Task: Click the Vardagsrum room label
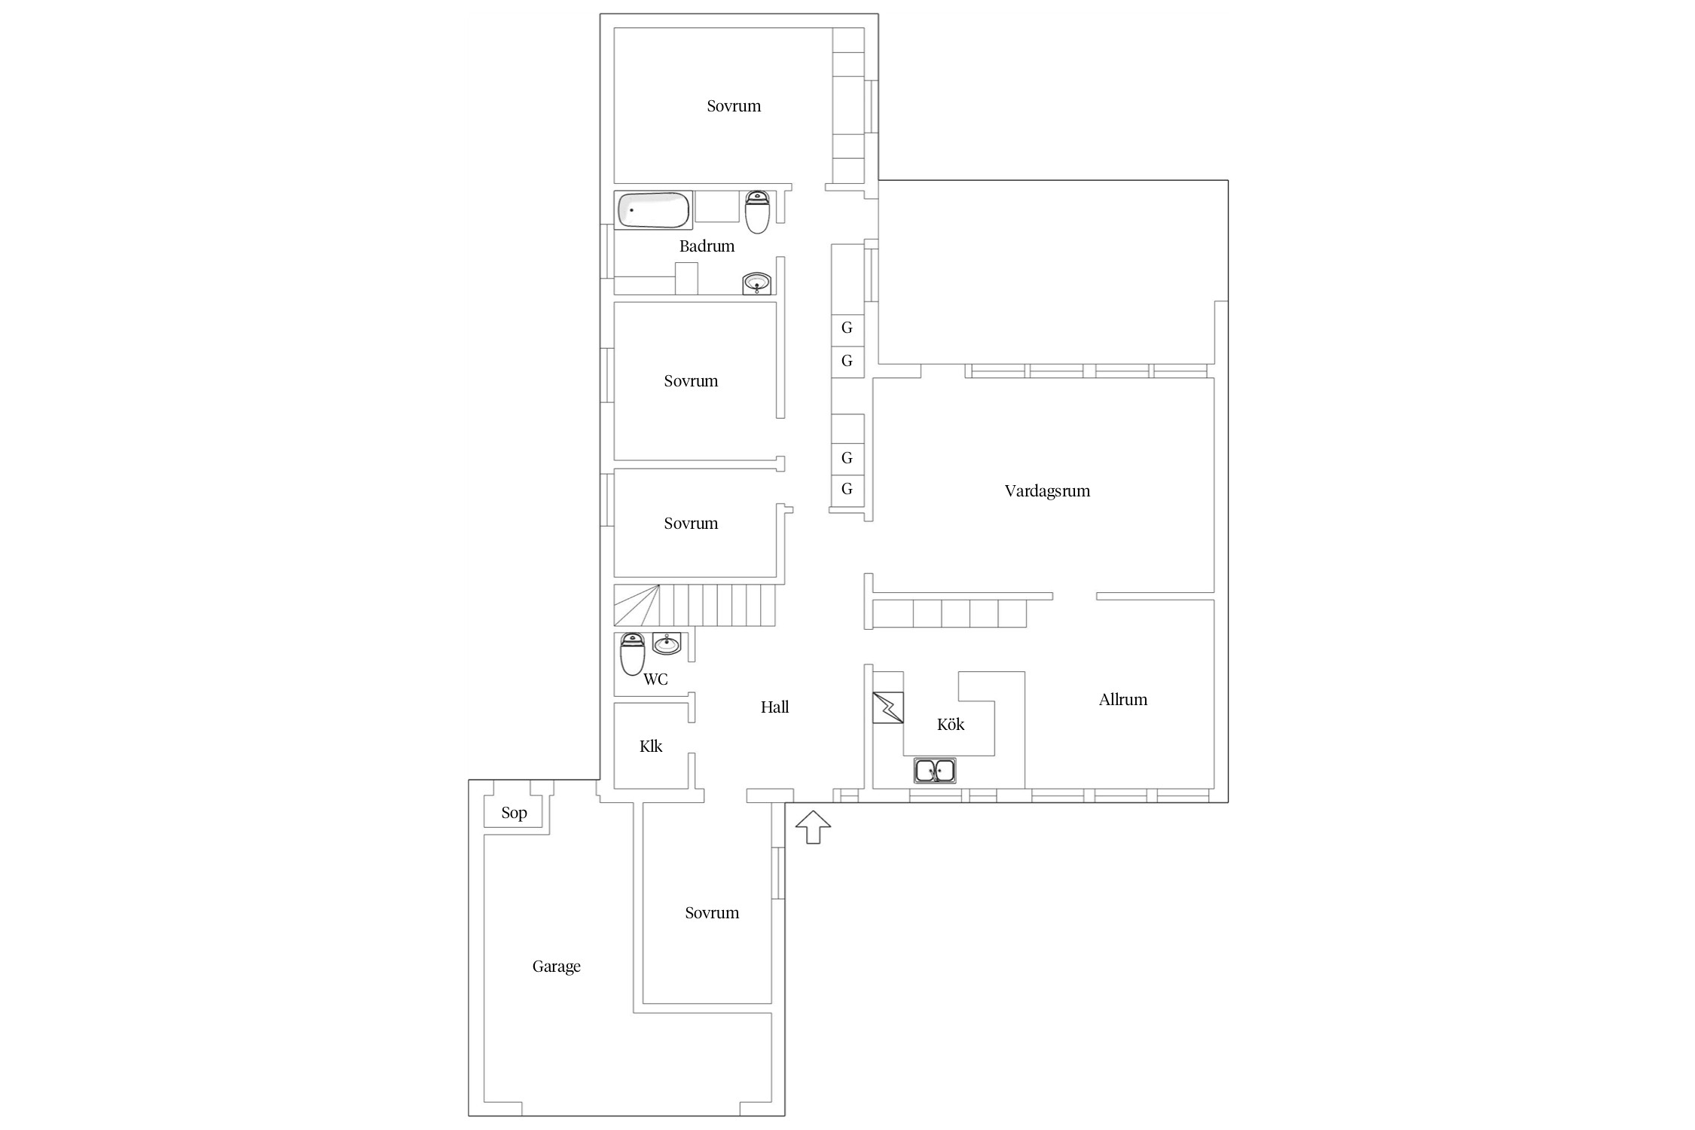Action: (1047, 491)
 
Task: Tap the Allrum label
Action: (1122, 700)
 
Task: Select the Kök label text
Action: (951, 724)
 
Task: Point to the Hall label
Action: (774, 707)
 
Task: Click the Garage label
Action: (556, 967)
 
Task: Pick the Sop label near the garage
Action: (514, 813)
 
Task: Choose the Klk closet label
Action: (651, 747)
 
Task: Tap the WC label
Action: (655, 680)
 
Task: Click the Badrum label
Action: (707, 246)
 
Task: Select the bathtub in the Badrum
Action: (653, 210)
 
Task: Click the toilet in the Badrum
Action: (757, 212)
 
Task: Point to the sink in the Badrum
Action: (756, 284)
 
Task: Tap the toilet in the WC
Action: (632, 654)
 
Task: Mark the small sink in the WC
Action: (667, 643)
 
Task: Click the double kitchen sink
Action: (935, 771)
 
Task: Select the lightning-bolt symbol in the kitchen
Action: (887, 708)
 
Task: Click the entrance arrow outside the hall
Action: (813, 827)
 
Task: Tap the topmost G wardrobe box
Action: (847, 328)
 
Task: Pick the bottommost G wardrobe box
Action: (847, 490)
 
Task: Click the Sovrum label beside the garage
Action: (712, 913)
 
